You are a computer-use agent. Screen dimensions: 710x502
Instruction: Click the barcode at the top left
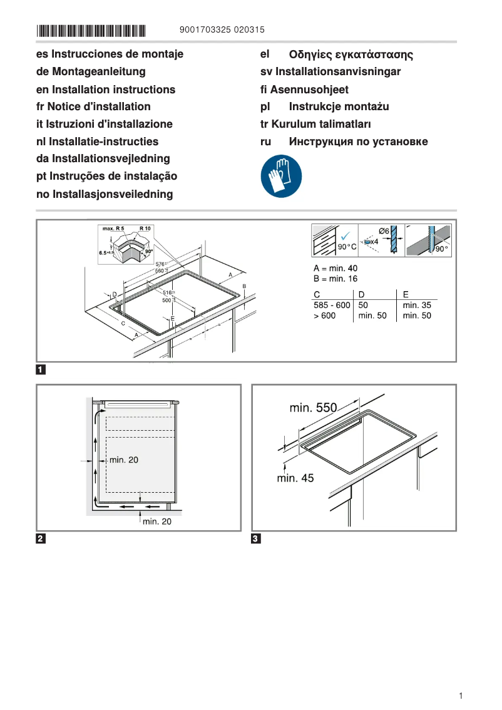tap(91, 30)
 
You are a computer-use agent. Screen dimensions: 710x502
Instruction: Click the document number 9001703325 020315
tap(222, 29)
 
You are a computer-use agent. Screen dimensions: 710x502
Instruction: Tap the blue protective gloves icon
tap(281, 177)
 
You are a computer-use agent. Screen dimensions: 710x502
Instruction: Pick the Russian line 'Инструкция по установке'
tap(358, 141)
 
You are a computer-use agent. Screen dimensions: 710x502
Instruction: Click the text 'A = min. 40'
tap(336, 268)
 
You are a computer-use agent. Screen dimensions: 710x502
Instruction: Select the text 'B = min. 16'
tap(336, 279)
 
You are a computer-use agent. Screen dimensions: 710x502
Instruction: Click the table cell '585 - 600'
tap(332, 305)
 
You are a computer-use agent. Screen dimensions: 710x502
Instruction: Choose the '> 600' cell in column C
tap(325, 316)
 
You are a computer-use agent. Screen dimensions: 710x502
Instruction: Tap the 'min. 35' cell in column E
tap(417, 305)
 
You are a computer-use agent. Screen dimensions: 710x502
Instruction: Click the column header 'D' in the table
tap(361, 294)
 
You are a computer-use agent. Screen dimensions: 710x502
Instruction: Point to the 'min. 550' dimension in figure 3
tap(313, 408)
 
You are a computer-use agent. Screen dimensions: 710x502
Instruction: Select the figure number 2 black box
tap(40, 538)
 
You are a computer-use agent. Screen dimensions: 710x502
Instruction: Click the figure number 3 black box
tap(255, 538)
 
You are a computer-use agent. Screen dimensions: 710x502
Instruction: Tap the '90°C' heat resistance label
tap(347, 247)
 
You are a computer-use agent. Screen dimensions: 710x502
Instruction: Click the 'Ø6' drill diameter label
tap(384, 232)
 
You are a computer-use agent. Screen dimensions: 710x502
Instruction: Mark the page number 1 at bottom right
tap(460, 696)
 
